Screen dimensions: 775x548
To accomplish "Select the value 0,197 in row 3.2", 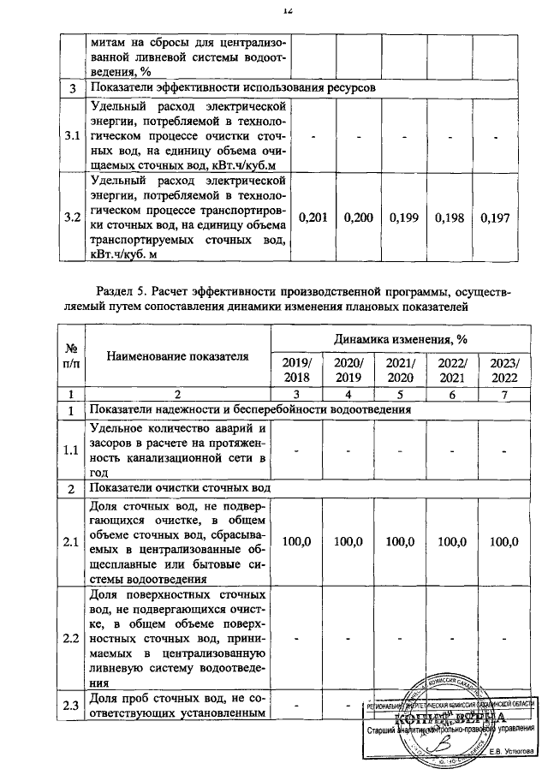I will [496, 218].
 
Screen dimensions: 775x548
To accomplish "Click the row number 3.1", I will [73, 135].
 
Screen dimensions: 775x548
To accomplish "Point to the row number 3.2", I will [73, 218].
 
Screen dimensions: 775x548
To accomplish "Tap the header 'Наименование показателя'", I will [178, 356].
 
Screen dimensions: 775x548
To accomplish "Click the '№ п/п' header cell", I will [73, 356].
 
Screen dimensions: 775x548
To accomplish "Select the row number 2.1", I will [73, 542].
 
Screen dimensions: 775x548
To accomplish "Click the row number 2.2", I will [73, 639].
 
